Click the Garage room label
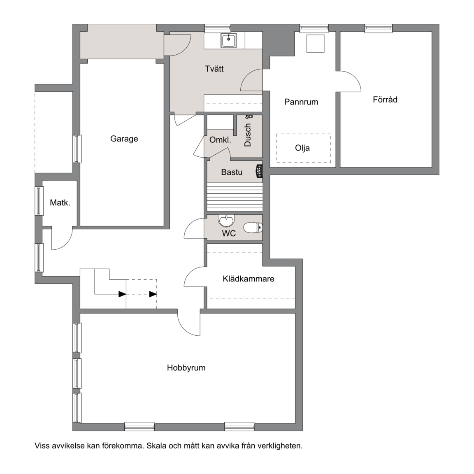[124, 139]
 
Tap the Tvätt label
[214, 69]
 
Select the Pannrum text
[301, 102]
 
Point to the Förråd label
[385, 100]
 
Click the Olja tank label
[302, 148]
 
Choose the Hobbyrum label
[186, 368]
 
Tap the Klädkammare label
[249, 279]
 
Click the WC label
[229, 233]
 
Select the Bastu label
[232, 172]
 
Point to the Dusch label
[248, 135]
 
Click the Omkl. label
[220, 140]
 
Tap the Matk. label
[60, 202]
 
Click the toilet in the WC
[253, 227]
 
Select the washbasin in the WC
[226, 221]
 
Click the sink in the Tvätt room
[229, 40]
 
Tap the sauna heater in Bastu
[259, 172]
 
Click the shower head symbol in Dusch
[249, 116]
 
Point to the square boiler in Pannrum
[315, 44]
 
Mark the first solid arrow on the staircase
[122, 294]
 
